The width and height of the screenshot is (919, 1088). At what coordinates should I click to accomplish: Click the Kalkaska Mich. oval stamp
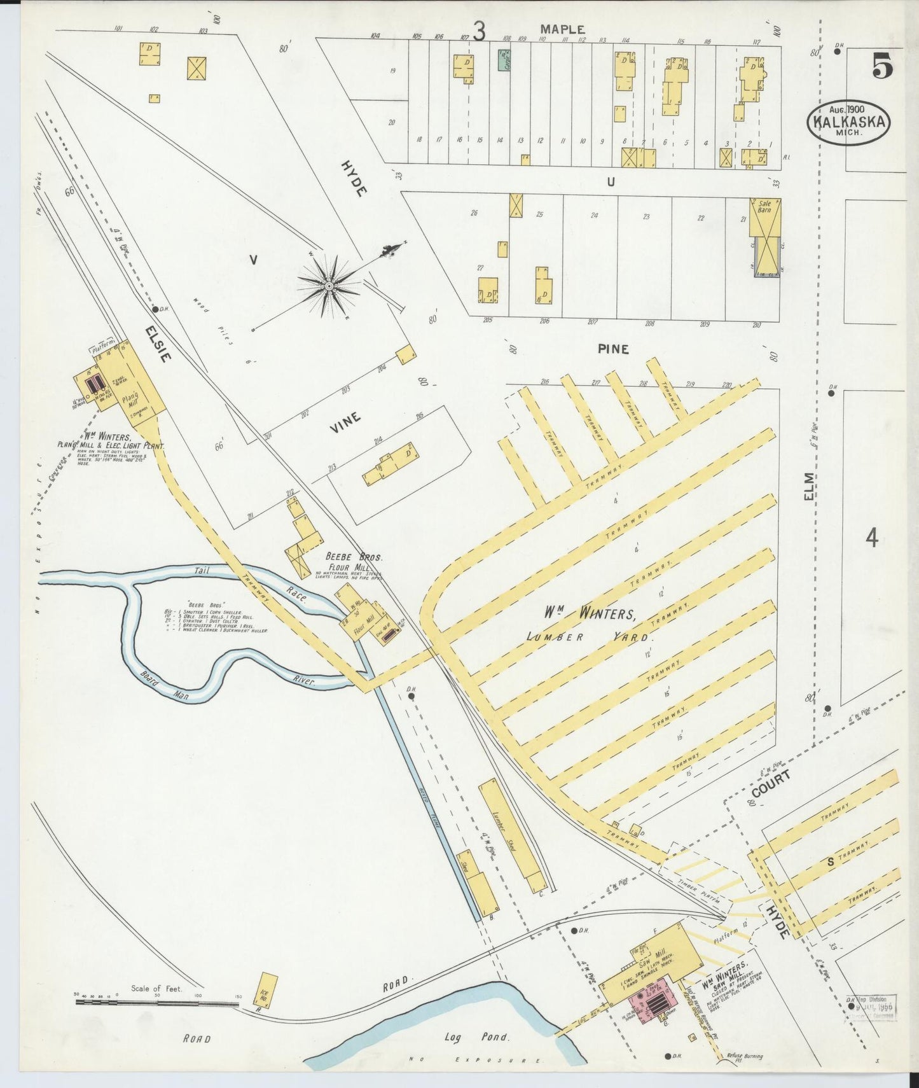[x=849, y=122]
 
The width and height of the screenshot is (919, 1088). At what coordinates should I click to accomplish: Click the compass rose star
[x=329, y=286]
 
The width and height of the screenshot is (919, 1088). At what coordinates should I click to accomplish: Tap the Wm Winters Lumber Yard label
[x=588, y=624]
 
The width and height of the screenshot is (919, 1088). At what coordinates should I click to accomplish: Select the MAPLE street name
[x=562, y=29]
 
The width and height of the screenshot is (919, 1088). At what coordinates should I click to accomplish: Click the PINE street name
[x=613, y=349]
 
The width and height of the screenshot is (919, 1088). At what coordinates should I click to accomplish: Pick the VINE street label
[x=345, y=422]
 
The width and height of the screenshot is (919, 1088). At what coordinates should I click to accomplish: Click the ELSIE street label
[x=158, y=344]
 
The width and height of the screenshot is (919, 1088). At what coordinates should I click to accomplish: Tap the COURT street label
[x=770, y=783]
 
